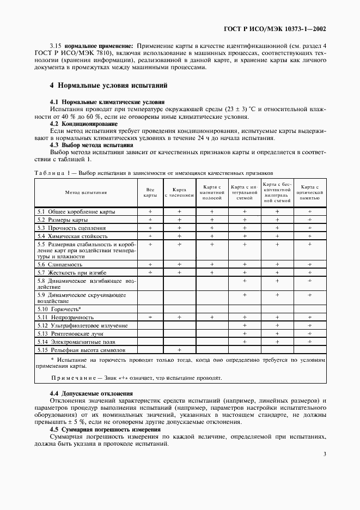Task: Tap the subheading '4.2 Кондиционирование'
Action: pyautogui.click(x=83, y=124)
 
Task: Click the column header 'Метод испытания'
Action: pyautogui.click(x=86, y=192)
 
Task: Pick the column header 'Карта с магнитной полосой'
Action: pyautogui.click(x=212, y=192)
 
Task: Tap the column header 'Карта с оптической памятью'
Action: pyautogui.click(x=310, y=192)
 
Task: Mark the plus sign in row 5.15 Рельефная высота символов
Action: pyautogui.click(x=179, y=349)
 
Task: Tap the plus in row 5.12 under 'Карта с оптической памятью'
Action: pyautogui.click(x=310, y=325)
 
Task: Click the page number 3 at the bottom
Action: pyautogui.click(x=324, y=454)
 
